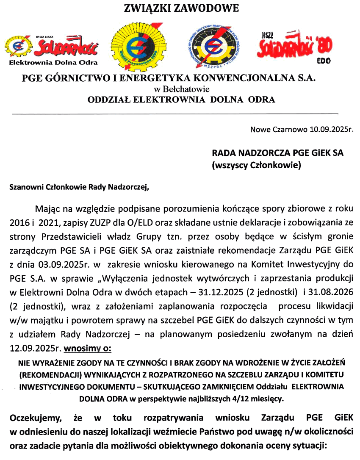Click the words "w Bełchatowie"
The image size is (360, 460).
[x=181, y=89]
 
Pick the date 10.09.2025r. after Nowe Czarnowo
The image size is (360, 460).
[x=332, y=129]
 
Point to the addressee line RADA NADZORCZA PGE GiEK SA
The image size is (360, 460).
[x=277, y=153]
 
